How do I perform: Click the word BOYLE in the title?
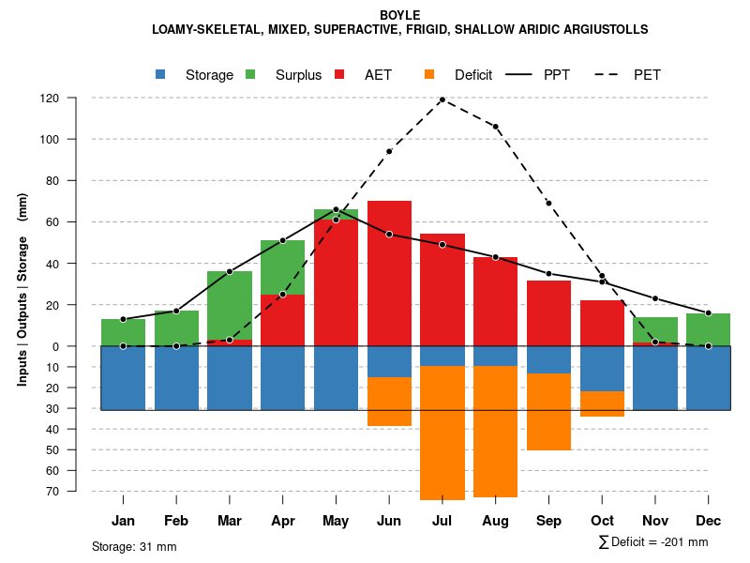point(400,15)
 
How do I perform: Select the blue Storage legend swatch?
point(162,74)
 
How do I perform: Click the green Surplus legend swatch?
point(251,74)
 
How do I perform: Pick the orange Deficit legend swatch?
point(430,74)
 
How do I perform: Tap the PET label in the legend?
point(647,75)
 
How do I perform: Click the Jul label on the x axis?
point(442,521)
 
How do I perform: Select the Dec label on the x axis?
point(709,521)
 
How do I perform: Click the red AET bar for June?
point(389,272)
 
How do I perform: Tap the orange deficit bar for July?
point(442,433)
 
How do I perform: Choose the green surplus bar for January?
point(123,332)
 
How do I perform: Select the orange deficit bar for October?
point(602,403)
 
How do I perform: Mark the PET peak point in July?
point(442,99)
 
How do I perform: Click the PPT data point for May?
point(336,209)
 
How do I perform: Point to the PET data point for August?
point(496,127)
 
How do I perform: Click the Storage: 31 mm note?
point(134,546)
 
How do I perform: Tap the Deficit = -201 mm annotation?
point(653,542)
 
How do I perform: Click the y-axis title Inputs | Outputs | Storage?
point(22,296)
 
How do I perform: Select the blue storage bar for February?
point(176,378)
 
